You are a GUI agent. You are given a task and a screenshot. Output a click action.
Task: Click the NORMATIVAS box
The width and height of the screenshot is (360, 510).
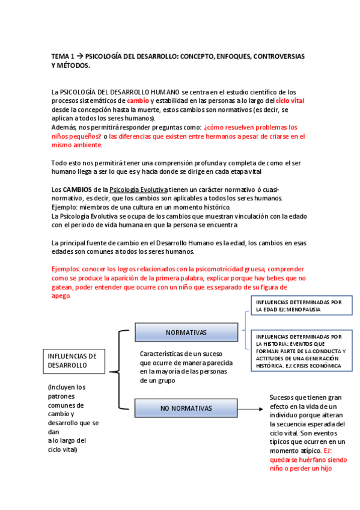point(186,333)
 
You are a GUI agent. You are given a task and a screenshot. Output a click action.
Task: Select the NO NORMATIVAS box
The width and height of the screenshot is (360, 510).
point(186,408)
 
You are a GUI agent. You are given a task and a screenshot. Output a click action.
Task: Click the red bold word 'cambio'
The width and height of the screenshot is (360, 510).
point(138,101)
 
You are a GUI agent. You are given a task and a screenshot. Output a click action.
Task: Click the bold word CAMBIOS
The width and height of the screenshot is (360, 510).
point(76,190)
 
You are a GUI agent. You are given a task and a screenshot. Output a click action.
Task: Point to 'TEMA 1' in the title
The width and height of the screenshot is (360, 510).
point(63,56)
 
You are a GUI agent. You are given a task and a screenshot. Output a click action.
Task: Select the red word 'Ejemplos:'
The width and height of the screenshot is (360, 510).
point(69,269)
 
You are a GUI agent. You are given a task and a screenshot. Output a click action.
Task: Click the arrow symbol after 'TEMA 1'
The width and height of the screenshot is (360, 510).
point(79,56)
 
